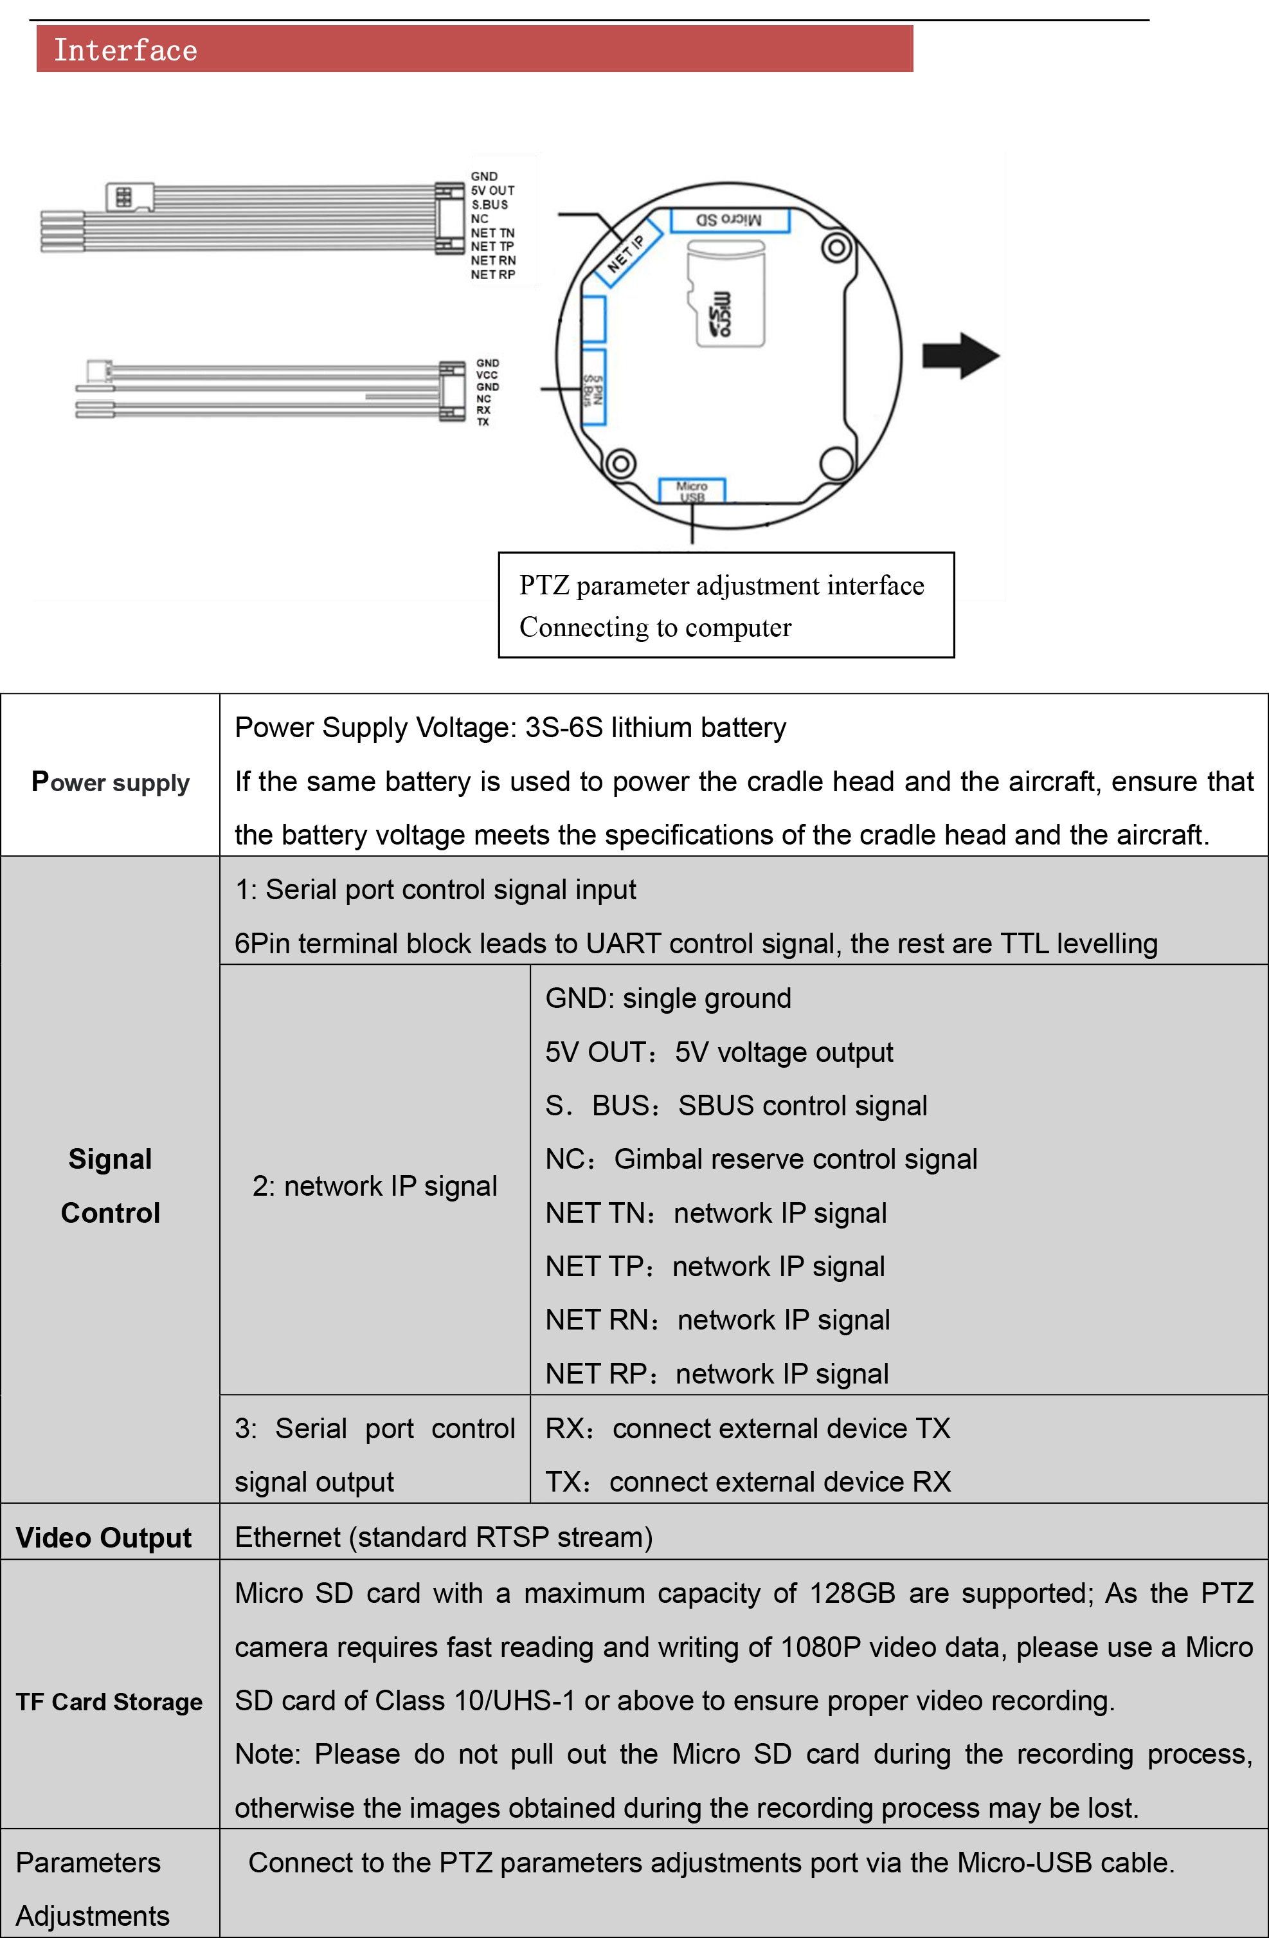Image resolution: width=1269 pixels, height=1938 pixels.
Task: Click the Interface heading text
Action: click(125, 50)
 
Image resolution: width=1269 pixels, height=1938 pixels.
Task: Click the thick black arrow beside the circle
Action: click(960, 356)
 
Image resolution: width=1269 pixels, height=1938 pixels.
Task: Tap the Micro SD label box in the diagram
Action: click(730, 220)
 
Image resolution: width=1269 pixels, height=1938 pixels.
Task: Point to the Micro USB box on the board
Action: click(692, 491)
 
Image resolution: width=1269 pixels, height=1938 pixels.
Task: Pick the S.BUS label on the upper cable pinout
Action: click(490, 205)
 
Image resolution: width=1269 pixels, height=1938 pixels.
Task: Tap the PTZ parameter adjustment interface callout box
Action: click(726, 605)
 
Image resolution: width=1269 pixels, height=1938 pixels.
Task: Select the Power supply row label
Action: click(111, 782)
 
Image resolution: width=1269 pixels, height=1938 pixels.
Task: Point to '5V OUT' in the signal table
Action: click(596, 1052)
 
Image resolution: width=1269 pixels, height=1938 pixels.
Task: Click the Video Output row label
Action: click(104, 1537)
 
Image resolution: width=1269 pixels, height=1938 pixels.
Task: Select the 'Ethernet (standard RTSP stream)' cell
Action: click(444, 1537)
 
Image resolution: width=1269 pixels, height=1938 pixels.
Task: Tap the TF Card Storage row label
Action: click(110, 1701)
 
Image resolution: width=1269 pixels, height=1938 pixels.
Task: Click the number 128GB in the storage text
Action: click(852, 1593)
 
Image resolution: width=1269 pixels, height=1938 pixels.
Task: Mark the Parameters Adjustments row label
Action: click(91, 1889)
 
